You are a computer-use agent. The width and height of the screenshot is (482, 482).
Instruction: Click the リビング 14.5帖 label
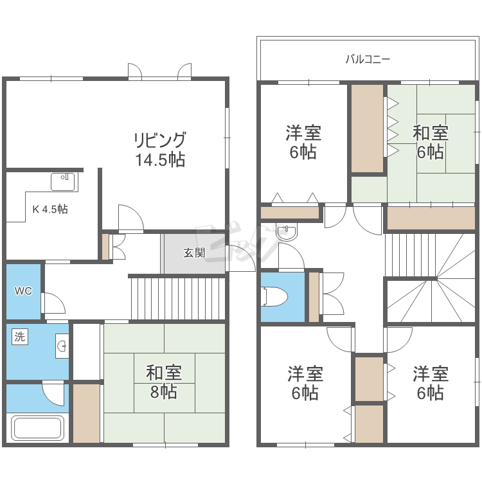pos(160,149)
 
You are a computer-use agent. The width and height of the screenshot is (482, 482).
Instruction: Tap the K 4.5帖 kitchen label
pos(50,210)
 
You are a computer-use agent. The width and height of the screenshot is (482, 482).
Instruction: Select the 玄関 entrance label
pos(194,253)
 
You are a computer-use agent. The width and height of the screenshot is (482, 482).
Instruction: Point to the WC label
pos(23,290)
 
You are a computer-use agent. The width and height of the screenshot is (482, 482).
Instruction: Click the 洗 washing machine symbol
pos(20,337)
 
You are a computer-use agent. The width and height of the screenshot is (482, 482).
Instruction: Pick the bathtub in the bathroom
pos(37,427)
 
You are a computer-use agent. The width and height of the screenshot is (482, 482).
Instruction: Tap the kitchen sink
pos(63,182)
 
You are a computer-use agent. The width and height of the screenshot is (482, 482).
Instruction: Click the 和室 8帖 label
pos(164,382)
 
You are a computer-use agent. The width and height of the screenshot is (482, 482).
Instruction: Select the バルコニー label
pos(368,59)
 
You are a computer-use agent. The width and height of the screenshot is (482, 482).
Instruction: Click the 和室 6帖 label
pos(431,142)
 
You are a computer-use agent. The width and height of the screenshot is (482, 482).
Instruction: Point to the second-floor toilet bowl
pos(274,297)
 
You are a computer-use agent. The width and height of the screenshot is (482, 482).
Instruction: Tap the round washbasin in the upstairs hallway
pos(287,232)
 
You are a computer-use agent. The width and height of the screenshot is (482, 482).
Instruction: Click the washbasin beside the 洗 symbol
pos(62,346)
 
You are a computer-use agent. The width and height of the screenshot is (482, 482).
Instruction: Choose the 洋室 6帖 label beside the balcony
pos(303,142)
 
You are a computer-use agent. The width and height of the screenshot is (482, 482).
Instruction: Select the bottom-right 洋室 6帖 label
pos(431,383)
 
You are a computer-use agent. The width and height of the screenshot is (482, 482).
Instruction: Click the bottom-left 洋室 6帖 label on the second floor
pos(305,383)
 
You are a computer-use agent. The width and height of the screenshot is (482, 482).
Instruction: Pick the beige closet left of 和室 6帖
pos(368,128)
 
